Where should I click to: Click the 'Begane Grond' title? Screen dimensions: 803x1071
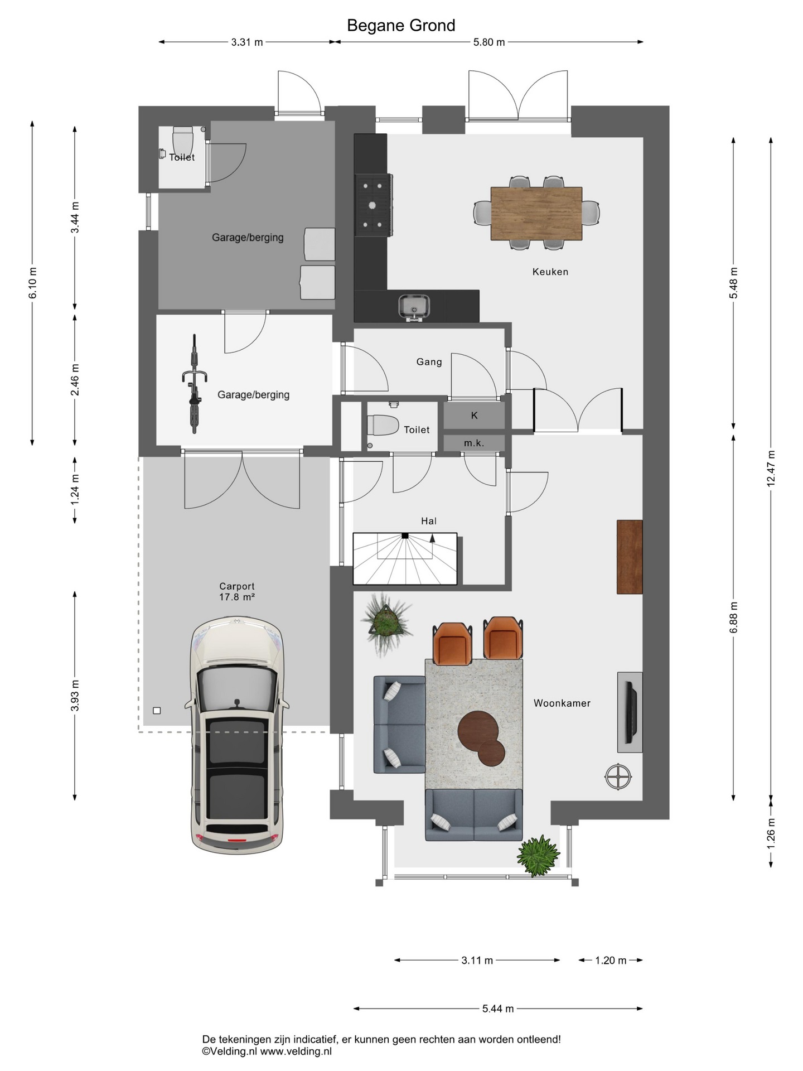coord(401,26)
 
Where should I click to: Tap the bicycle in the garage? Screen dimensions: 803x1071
coord(194,383)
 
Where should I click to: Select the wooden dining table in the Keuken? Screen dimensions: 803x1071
coord(536,214)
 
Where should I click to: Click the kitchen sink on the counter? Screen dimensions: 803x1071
coord(413,306)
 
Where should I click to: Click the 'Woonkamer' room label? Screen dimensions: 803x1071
coord(562,703)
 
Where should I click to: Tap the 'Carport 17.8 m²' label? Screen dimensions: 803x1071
coord(237,591)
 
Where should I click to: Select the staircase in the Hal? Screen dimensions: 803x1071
coord(405,559)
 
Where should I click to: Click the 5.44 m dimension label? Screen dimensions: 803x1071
coord(498,1009)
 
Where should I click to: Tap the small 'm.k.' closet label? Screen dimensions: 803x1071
coord(474,443)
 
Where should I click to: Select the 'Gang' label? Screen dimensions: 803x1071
coord(429,362)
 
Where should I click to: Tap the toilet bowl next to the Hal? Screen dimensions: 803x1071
coord(383,425)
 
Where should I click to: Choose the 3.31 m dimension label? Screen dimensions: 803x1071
coord(247,42)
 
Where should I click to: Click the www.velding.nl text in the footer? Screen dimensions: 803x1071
coord(296,1051)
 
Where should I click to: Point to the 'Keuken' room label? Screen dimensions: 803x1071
coord(550,272)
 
